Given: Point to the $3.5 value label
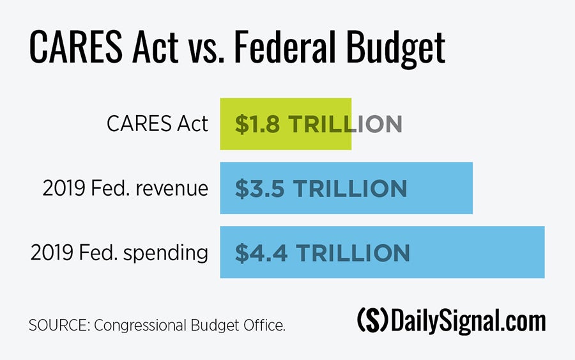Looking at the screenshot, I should click(x=258, y=189).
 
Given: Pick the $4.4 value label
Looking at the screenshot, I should click(x=258, y=253).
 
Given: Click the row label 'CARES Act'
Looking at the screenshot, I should click(x=157, y=124).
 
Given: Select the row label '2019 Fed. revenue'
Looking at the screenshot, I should click(x=125, y=189).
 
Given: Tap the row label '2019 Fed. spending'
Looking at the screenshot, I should click(x=119, y=253).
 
